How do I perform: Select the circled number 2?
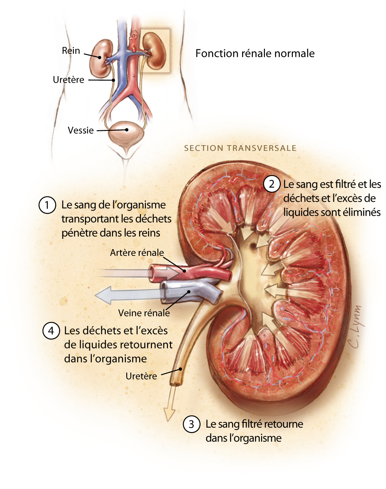pyautogui.click(x=271, y=184)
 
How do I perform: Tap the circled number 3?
pyautogui.click(x=191, y=424)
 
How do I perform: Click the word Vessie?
pyautogui.click(x=81, y=130)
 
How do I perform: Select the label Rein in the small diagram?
pyautogui.click(x=71, y=51)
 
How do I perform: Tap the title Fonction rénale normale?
pyautogui.click(x=255, y=53)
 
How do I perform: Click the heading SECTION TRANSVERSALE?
pyautogui.click(x=240, y=148)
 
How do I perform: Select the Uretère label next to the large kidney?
pyautogui.click(x=141, y=376)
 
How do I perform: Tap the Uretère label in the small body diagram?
pyautogui.click(x=69, y=80)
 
